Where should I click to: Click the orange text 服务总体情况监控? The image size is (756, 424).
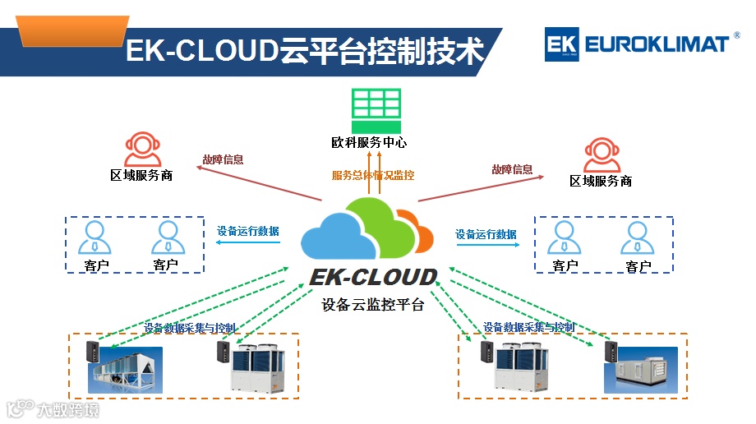tap(373, 175)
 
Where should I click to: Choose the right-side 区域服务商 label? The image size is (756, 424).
tap(601, 181)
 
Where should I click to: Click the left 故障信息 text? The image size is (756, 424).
tap(223, 159)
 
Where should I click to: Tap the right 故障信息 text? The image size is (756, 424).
tap(512, 169)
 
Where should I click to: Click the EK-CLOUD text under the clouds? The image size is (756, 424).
tap(373, 277)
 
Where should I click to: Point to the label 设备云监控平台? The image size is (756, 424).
tap(373, 305)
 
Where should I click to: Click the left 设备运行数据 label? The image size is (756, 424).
tap(247, 231)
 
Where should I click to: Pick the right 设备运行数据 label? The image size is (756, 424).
tap(486, 234)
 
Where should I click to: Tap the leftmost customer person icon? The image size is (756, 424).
tap(95, 237)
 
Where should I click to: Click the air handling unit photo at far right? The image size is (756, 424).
tap(641, 370)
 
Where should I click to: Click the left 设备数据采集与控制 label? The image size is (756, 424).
tap(190, 328)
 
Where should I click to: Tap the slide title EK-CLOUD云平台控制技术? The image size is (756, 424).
tap(303, 51)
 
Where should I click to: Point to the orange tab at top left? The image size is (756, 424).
tap(73, 33)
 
